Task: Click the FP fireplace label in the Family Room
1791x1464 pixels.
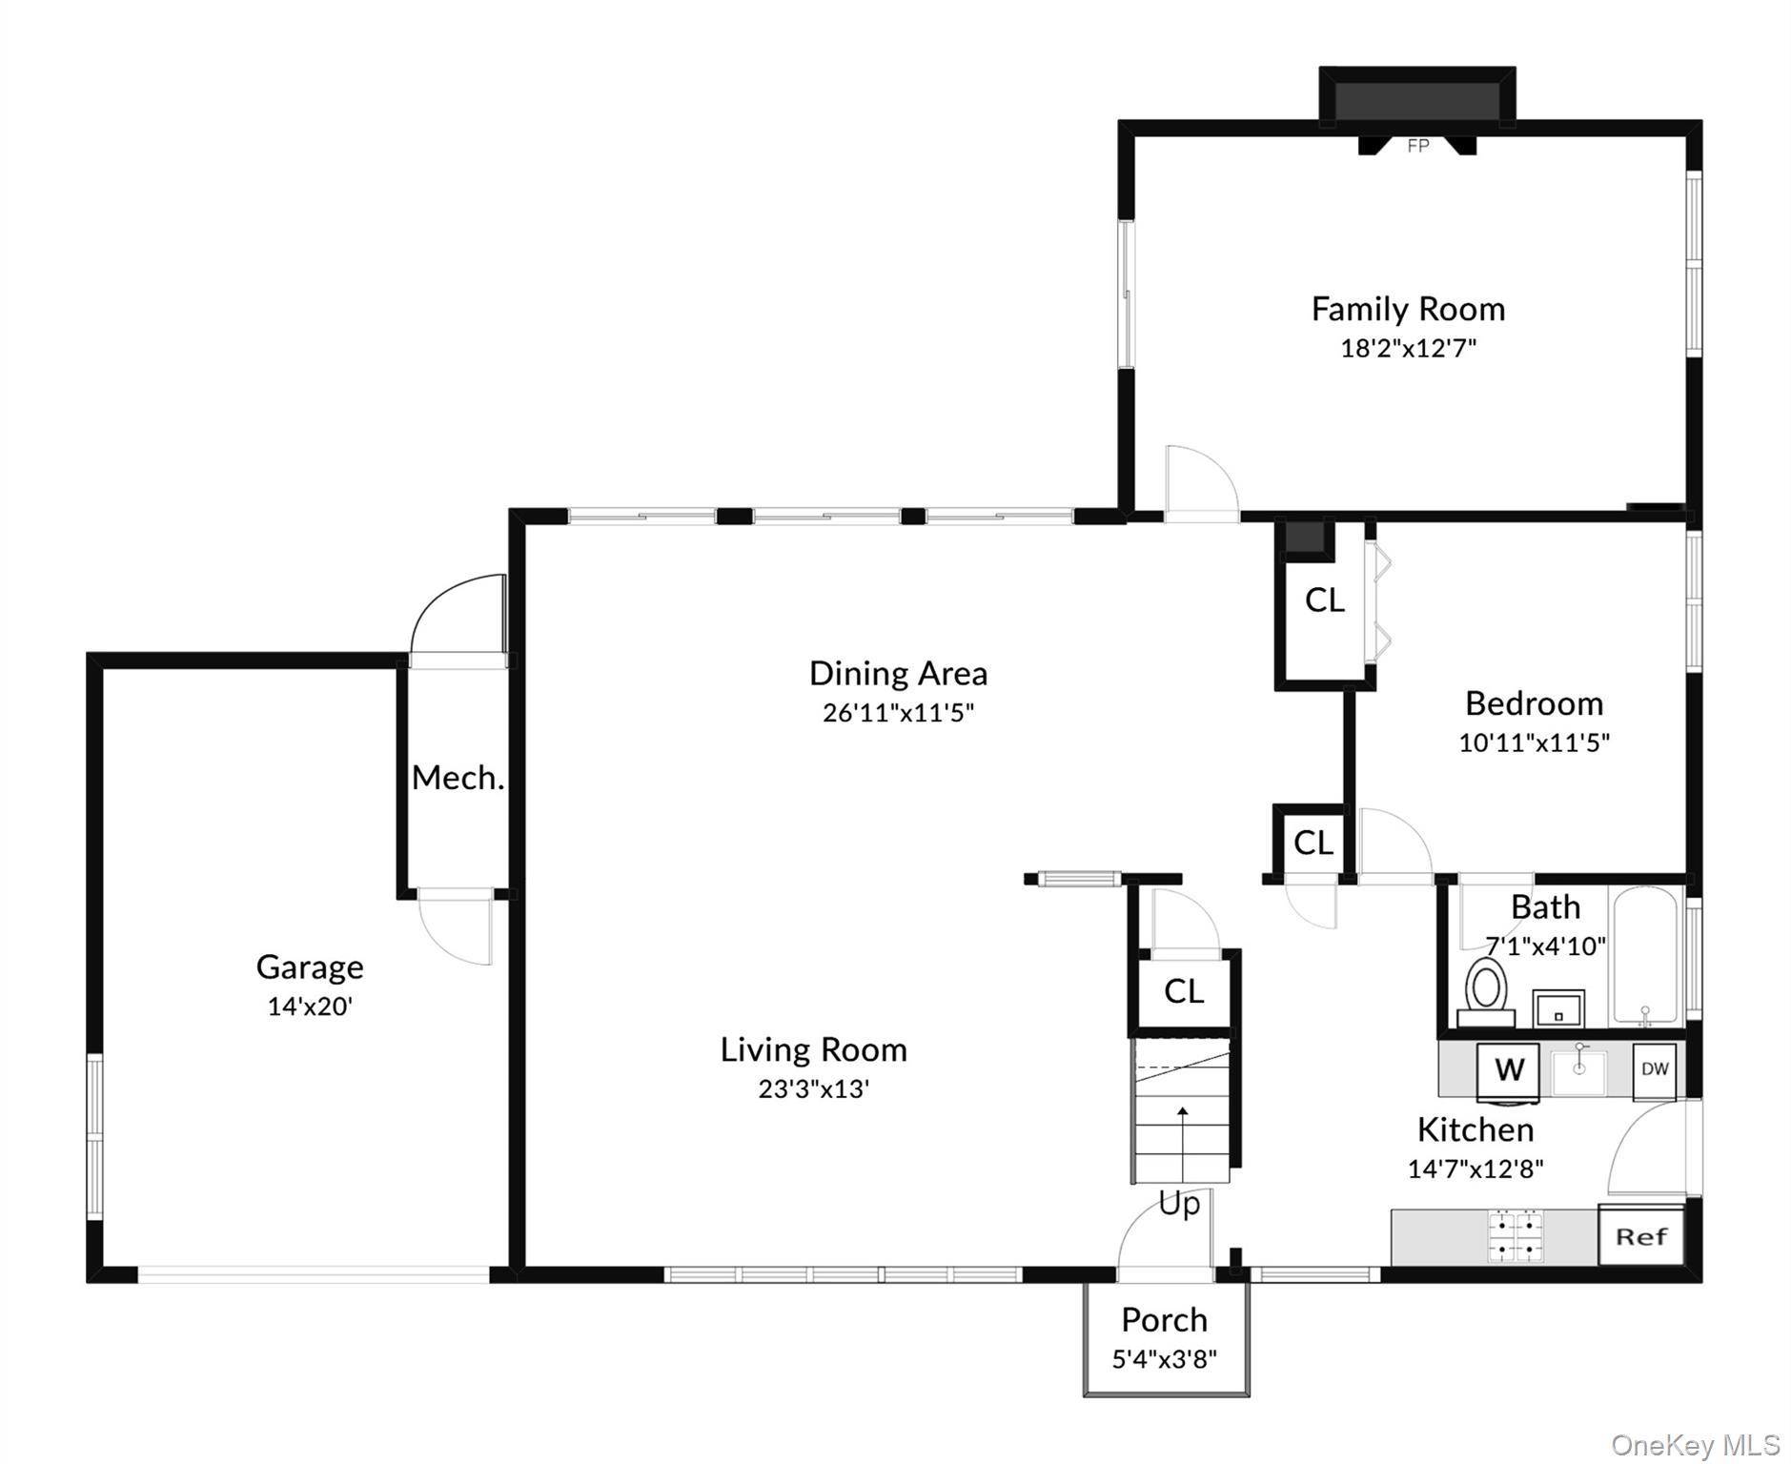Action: (x=1417, y=146)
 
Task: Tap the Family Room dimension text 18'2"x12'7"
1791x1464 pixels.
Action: (x=1408, y=348)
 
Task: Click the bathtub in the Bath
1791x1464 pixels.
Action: (x=1644, y=956)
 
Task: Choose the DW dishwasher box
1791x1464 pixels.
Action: (x=1655, y=1069)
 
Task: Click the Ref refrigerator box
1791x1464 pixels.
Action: (x=1640, y=1237)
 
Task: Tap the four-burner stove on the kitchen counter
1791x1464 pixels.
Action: (x=1516, y=1235)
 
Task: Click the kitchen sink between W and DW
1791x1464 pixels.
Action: (x=1579, y=1071)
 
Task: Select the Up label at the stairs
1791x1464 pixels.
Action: (x=1179, y=1204)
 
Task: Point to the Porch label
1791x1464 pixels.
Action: (x=1164, y=1320)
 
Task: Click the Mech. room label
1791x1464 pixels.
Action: (x=458, y=779)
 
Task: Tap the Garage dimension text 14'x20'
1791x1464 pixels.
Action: (x=310, y=1006)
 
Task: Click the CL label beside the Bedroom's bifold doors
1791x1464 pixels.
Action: (x=1324, y=600)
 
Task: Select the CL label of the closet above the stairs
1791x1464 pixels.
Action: (x=1184, y=991)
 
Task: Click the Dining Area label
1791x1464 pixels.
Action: (x=898, y=674)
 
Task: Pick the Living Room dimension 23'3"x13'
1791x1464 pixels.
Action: (x=813, y=1088)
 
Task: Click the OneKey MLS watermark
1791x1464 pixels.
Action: (x=1695, y=1445)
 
